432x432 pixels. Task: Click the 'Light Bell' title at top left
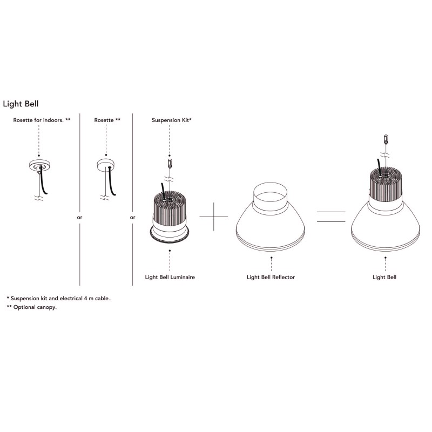coord(21,103)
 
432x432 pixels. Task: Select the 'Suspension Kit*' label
coord(172,120)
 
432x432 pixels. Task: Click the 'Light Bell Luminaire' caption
coord(170,277)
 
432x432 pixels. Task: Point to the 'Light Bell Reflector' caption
coord(271,277)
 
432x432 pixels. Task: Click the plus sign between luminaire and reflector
coord(214,217)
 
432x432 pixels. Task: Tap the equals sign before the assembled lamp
coord(330,217)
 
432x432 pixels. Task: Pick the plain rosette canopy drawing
coord(106,165)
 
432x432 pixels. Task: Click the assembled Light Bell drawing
coord(385,211)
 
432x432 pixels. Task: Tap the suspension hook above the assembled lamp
coord(385,139)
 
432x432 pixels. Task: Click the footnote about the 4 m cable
coord(62,298)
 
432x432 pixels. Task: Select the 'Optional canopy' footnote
coord(32,307)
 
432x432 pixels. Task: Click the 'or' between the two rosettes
coord(80,218)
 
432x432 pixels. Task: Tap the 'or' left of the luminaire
coord(133,218)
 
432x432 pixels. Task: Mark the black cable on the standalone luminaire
coord(160,191)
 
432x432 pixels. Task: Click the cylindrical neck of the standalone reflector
coord(271,195)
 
